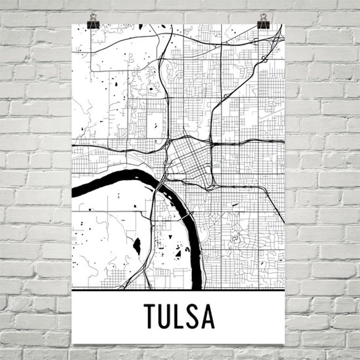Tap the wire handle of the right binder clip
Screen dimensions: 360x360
click(263, 17)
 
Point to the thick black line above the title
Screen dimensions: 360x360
click(178, 289)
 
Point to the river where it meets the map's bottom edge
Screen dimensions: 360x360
click(196, 286)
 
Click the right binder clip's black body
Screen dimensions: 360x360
click(263, 24)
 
